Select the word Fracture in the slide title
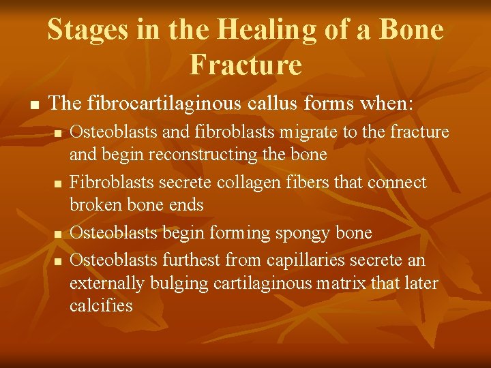245,65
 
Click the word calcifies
101,305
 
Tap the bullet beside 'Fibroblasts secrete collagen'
59,183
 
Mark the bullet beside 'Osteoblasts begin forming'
59,234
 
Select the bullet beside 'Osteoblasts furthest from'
59,262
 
